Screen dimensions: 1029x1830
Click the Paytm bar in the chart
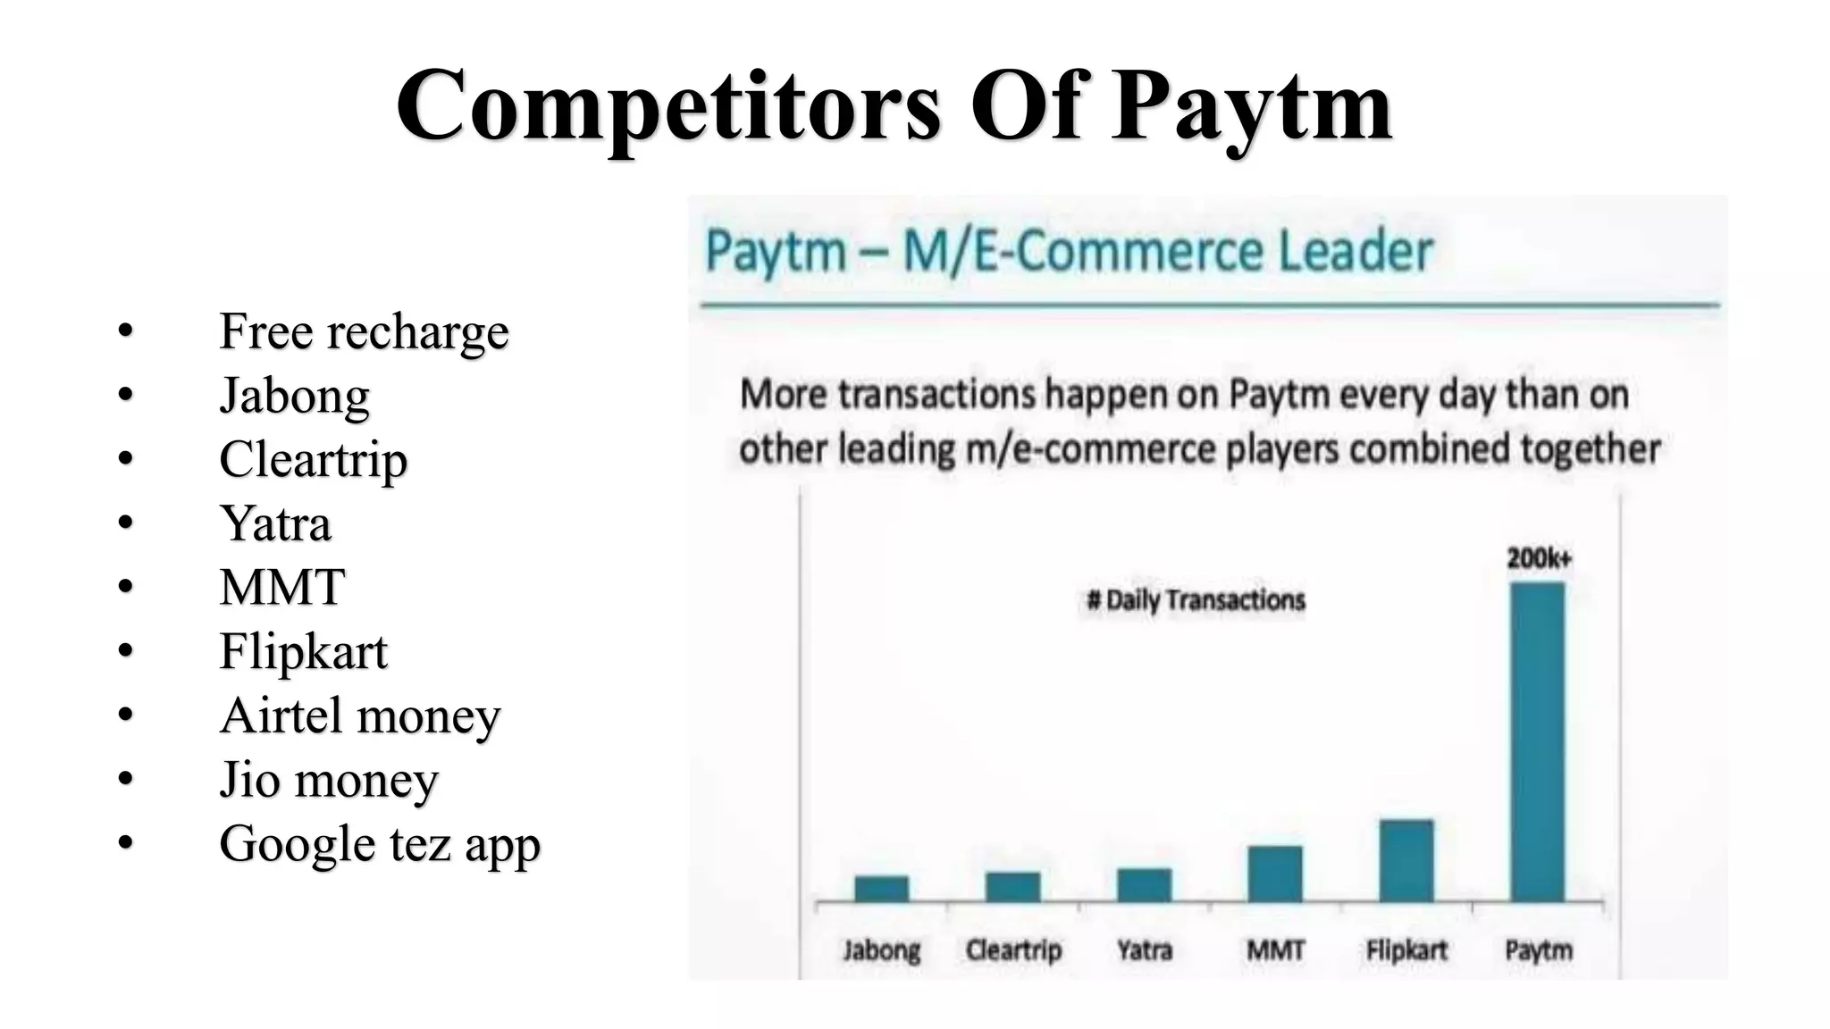1537,741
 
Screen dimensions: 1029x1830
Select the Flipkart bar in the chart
1406,860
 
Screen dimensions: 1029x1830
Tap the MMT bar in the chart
1275,874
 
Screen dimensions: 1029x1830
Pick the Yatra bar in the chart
1144,884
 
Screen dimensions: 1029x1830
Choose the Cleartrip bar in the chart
1012,886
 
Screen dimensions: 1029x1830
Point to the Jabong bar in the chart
881,888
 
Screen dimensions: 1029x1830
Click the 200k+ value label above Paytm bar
1539,559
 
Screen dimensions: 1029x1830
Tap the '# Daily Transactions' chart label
1196,600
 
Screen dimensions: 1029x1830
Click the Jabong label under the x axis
881,950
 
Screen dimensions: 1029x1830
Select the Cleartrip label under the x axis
1013,950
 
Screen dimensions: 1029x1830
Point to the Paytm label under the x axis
1538,950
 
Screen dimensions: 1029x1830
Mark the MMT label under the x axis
1275,950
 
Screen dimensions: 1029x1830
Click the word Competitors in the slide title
668,107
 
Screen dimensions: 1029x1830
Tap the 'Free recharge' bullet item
364,331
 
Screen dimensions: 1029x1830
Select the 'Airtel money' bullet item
360,715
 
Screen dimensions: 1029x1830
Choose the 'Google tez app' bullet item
380,844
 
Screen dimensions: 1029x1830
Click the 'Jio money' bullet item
329,780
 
